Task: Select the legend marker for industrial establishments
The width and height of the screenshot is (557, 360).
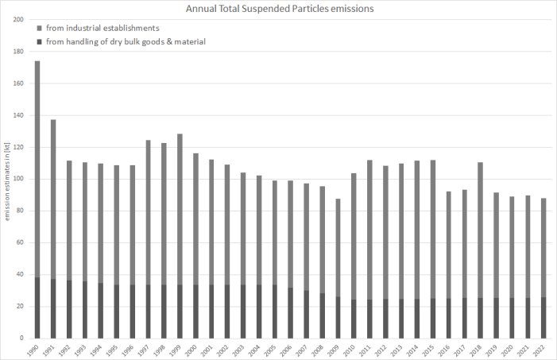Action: pos(38,29)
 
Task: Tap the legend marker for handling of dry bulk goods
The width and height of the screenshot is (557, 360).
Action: pos(38,41)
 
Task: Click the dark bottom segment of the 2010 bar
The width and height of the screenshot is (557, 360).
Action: pos(354,319)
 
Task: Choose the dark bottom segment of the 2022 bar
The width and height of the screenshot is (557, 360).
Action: pos(543,318)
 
